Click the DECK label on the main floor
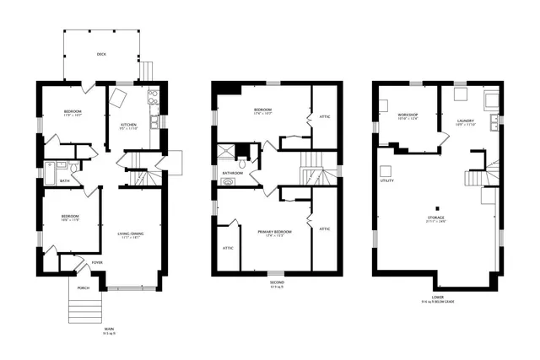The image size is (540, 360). (x=101, y=54)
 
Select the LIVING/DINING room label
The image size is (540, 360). (x=130, y=234)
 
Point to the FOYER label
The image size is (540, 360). (x=97, y=262)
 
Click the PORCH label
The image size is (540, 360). (x=83, y=287)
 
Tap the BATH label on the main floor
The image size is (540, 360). (x=65, y=180)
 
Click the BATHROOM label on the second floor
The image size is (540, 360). (x=232, y=173)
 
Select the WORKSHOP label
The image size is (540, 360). (x=408, y=116)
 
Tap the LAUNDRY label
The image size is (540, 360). (x=465, y=121)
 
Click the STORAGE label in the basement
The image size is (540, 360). (x=436, y=218)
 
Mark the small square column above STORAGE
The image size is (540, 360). (x=436, y=207)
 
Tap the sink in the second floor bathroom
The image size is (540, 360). (x=227, y=181)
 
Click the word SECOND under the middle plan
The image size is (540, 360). (x=276, y=282)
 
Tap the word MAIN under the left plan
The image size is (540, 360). (x=109, y=329)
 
